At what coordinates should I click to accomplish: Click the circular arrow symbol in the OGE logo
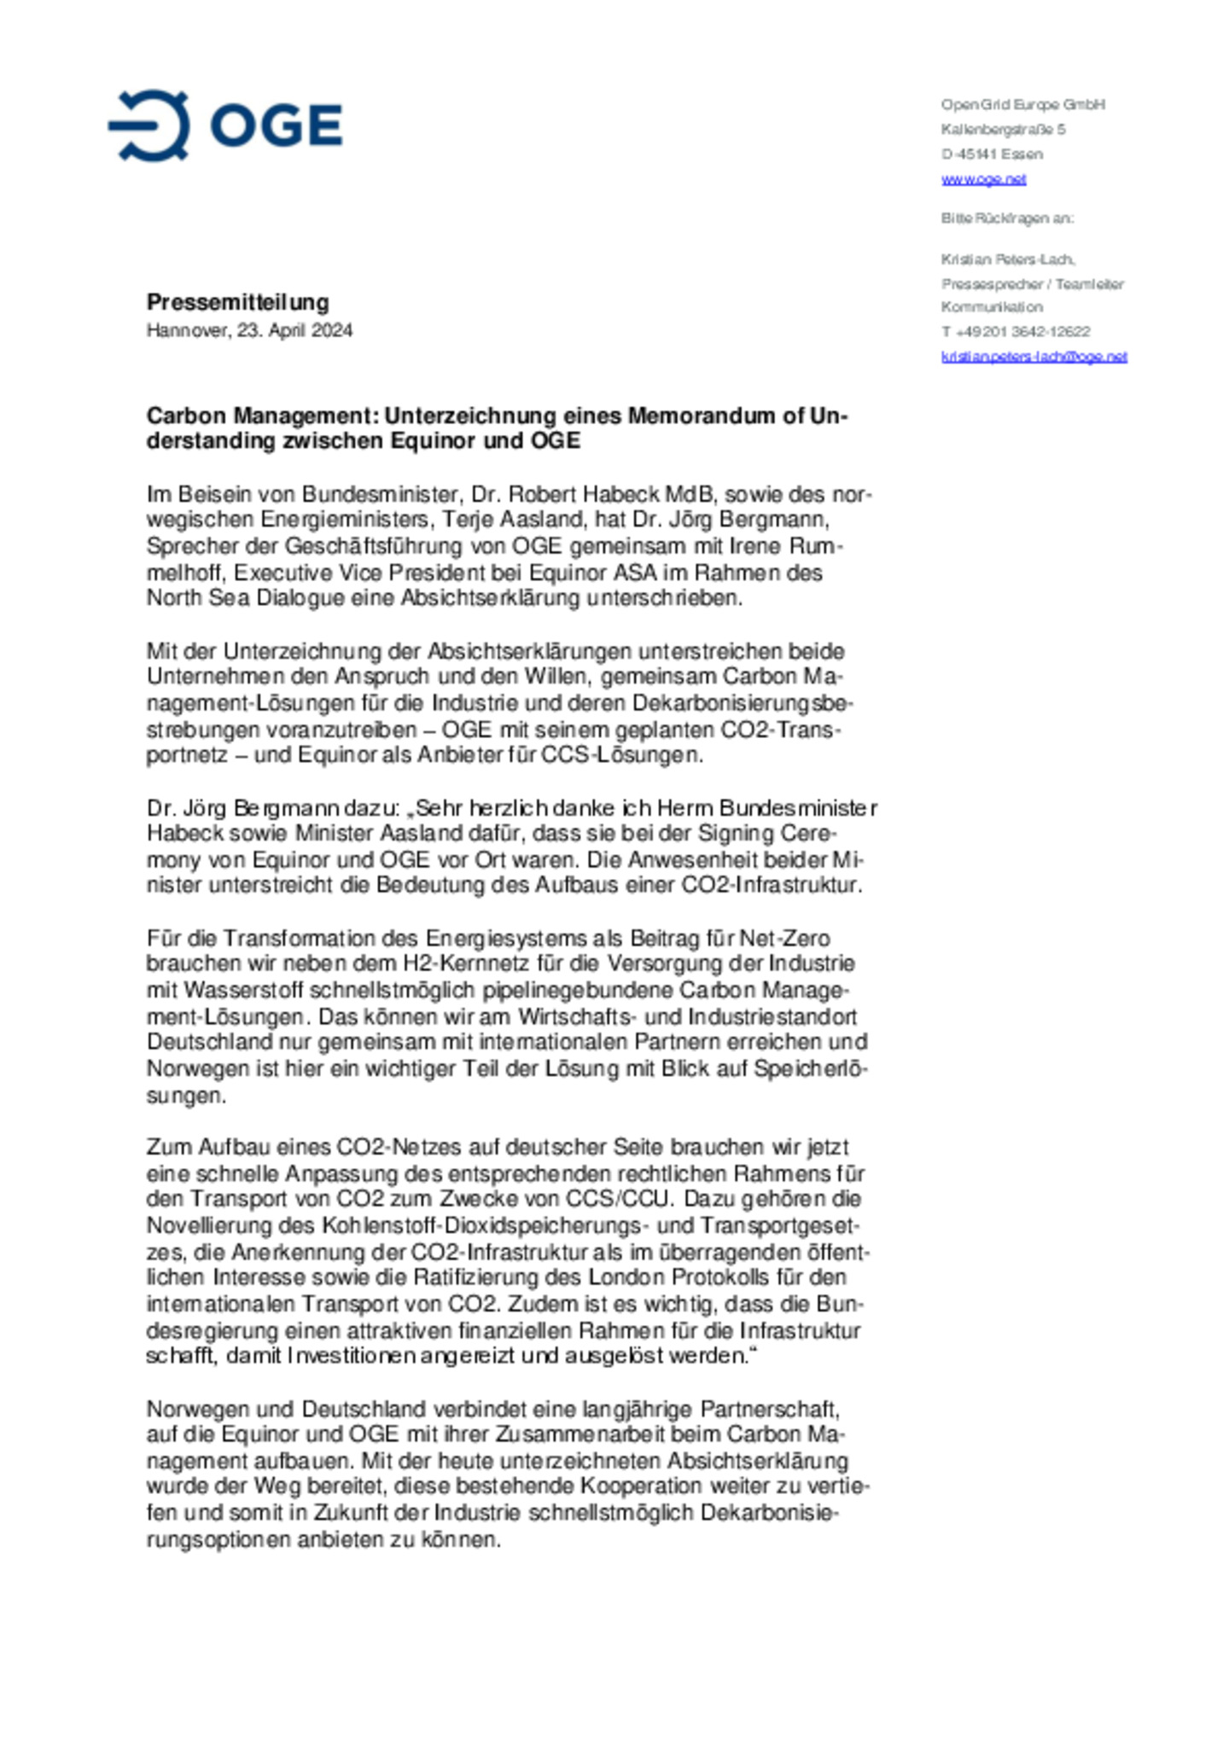[150, 125]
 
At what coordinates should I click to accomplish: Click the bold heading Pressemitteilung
[237, 302]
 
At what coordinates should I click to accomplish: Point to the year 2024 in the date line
[331, 330]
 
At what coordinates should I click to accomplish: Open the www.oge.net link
[983, 179]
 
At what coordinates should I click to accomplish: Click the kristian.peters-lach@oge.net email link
[1034, 357]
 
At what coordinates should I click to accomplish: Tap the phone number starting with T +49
[1016, 331]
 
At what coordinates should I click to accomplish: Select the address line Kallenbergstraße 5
[1003, 130]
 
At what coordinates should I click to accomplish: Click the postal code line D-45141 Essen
[992, 154]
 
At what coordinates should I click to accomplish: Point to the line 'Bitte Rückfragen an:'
[1007, 218]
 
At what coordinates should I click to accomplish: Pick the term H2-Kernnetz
[457, 963]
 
